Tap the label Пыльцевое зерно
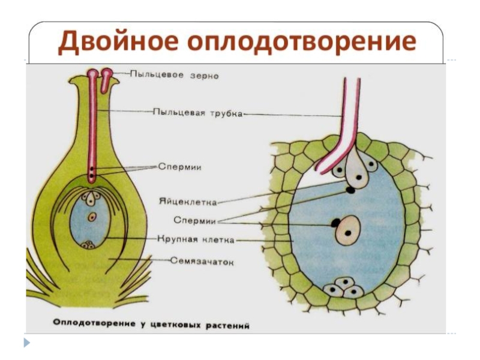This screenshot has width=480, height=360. [x=174, y=76]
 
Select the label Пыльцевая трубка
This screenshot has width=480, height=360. [x=197, y=112]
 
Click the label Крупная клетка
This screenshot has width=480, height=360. [x=196, y=239]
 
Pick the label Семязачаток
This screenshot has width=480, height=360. [x=200, y=262]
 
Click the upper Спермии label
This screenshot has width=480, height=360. [x=179, y=167]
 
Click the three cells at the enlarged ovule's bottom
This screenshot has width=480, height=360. [x=344, y=287]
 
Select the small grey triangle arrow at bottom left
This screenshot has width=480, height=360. [x=26, y=344]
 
